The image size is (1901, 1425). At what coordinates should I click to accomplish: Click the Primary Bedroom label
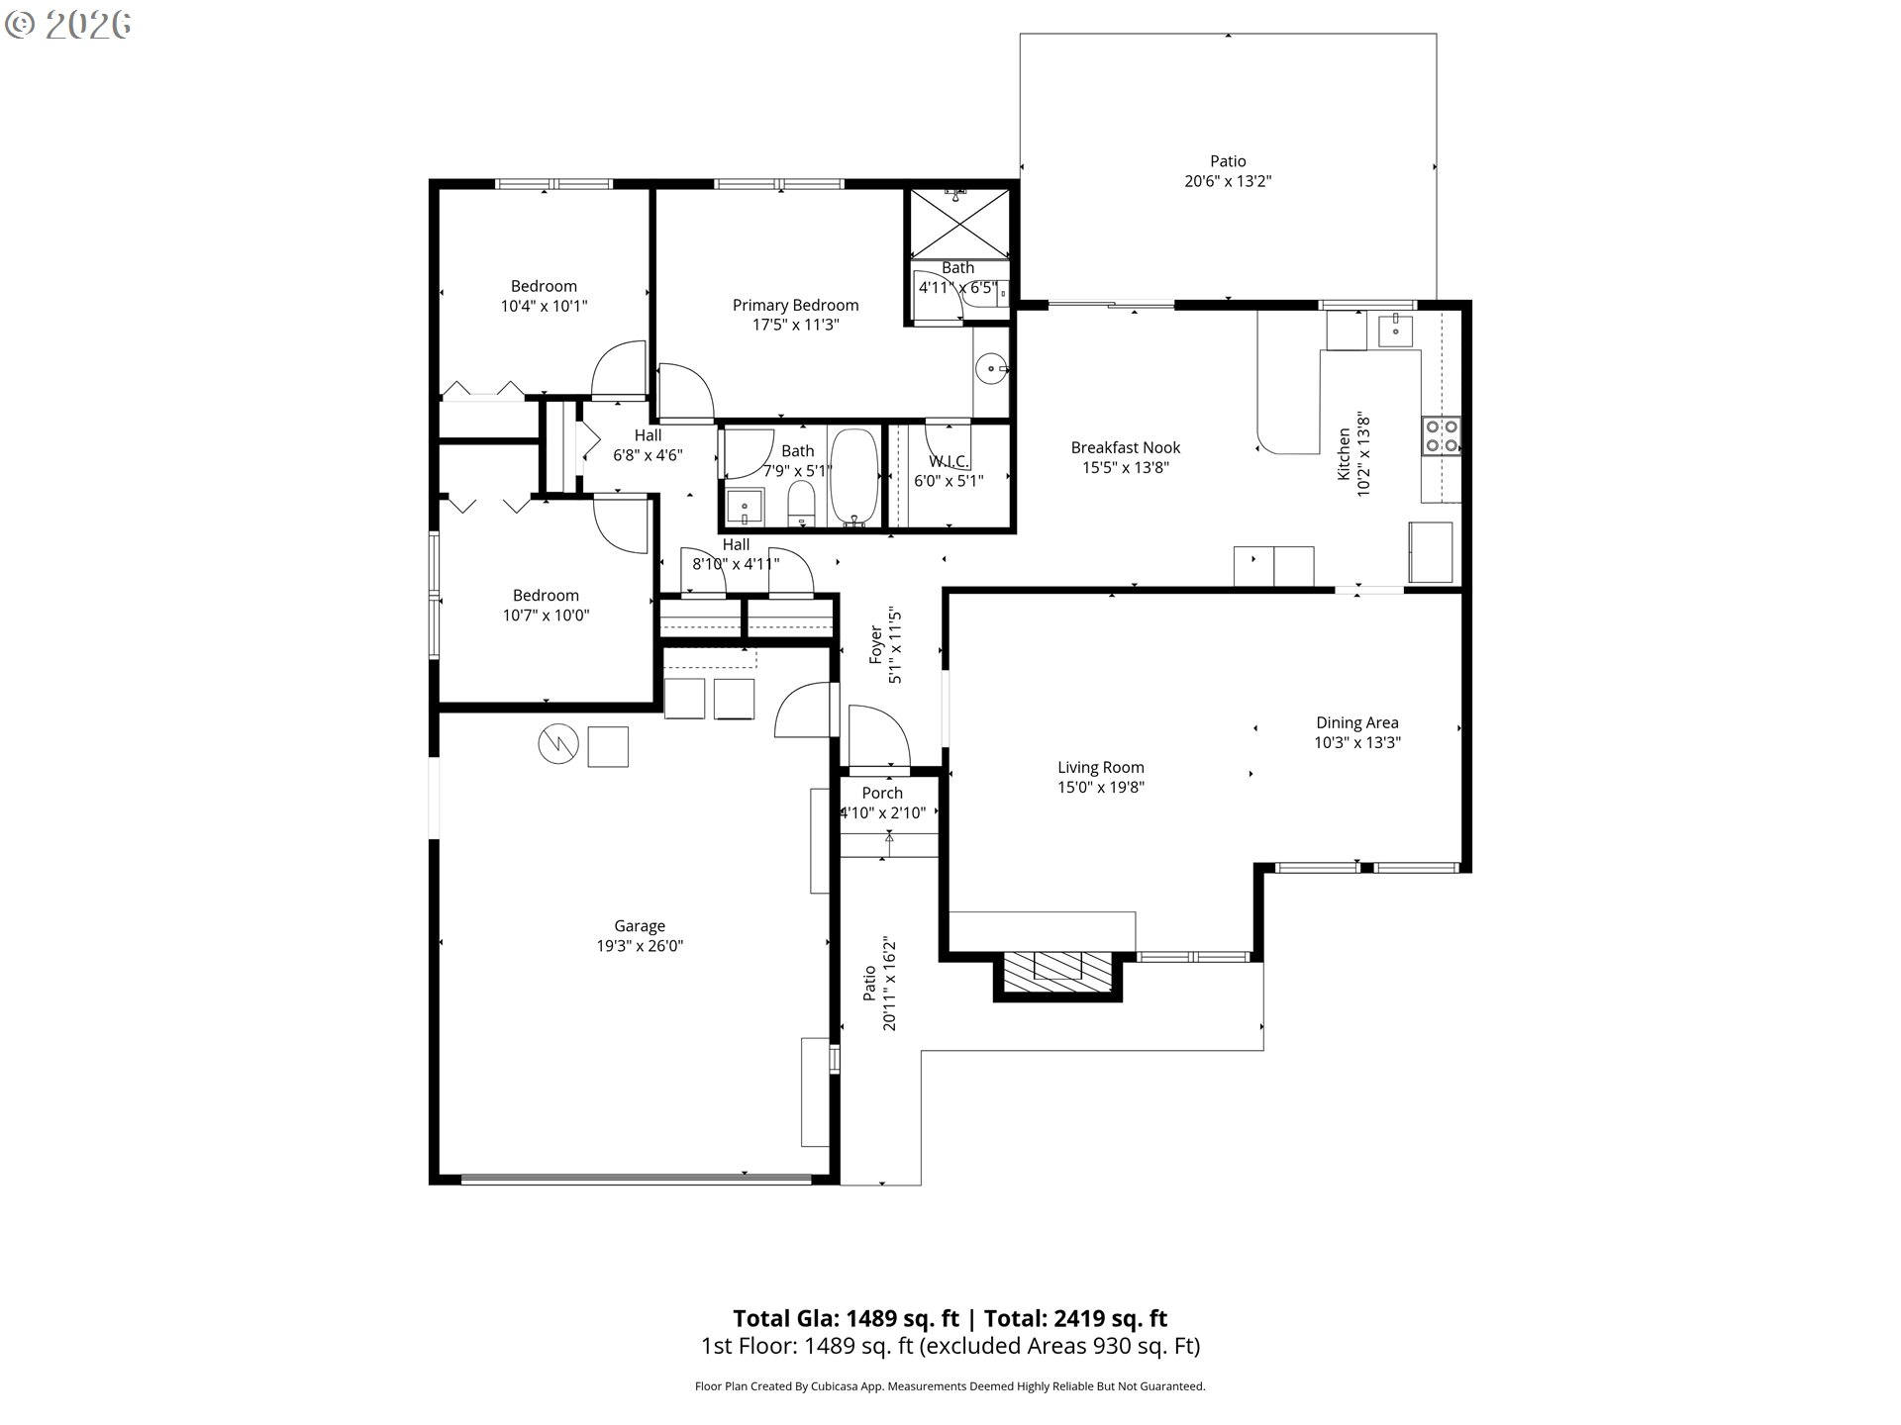[795, 305]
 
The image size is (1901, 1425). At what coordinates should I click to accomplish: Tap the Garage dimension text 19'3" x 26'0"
[640, 946]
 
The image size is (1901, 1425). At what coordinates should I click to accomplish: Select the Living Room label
[1101, 767]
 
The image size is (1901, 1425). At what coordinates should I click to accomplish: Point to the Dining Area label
[1357, 722]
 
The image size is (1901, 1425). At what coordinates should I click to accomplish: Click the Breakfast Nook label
[1126, 447]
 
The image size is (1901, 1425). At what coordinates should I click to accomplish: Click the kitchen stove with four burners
[1442, 436]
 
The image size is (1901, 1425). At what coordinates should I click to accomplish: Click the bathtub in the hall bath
[853, 476]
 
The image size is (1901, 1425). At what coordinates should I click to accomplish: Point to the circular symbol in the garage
[558, 745]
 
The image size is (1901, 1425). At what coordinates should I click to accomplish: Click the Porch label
[882, 793]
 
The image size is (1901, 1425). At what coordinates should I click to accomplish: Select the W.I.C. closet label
[949, 461]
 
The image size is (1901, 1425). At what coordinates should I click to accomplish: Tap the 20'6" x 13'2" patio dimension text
[1228, 181]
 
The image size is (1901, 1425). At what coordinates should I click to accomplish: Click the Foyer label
[875, 644]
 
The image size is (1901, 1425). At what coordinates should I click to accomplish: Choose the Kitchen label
[1344, 454]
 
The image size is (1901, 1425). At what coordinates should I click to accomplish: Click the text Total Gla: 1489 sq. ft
[847, 1318]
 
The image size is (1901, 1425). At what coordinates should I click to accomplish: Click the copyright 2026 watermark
[68, 25]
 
